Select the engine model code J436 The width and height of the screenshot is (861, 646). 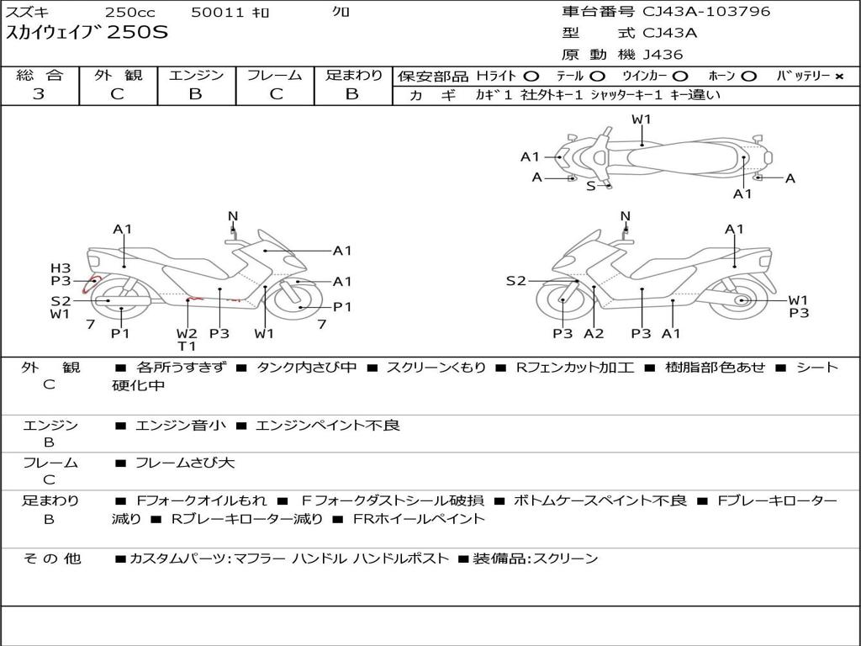[x=663, y=55]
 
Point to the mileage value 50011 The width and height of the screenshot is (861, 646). [x=218, y=13]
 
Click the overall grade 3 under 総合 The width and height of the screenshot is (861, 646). [x=39, y=94]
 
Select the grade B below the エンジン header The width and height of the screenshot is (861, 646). [x=196, y=94]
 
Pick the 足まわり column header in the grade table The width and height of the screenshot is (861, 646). [x=353, y=76]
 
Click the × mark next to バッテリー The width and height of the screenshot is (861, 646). [x=838, y=77]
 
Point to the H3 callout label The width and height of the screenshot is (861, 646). [x=61, y=268]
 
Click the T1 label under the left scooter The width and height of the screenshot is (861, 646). [x=187, y=346]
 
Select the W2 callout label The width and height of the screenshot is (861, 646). [x=187, y=333]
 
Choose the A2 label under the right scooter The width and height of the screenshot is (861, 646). [x=594, y=333]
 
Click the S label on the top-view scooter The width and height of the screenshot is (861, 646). [x=590, y=186]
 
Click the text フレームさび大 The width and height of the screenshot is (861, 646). [x=185, y=463]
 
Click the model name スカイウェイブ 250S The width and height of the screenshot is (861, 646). [x=87, y=33]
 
